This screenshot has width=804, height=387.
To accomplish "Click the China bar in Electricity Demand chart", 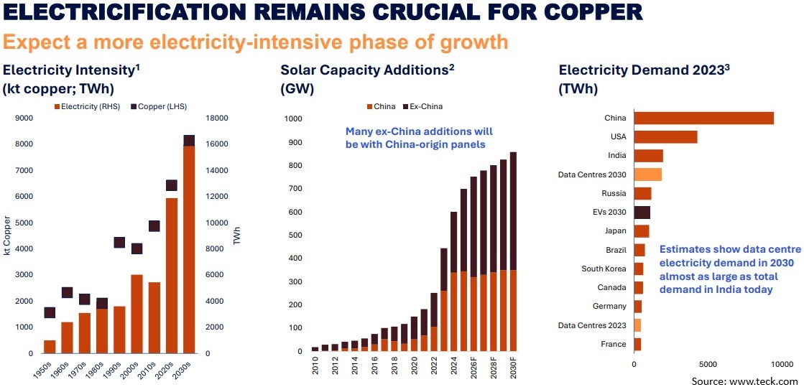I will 703,118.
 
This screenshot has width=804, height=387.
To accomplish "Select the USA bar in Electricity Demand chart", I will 665,136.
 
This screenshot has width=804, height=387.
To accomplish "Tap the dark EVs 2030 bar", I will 642,212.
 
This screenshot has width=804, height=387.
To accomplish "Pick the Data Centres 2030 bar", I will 647,174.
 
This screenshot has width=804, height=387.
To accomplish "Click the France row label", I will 613,344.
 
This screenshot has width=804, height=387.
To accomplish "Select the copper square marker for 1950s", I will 50,312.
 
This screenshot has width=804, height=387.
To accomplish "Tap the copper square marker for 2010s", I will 154,225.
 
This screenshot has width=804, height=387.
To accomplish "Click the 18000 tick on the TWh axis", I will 218,118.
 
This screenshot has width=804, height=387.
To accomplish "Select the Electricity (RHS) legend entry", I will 87,106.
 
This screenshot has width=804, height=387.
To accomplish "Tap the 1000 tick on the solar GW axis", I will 295,119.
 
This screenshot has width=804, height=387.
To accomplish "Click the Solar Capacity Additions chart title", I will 367,70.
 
